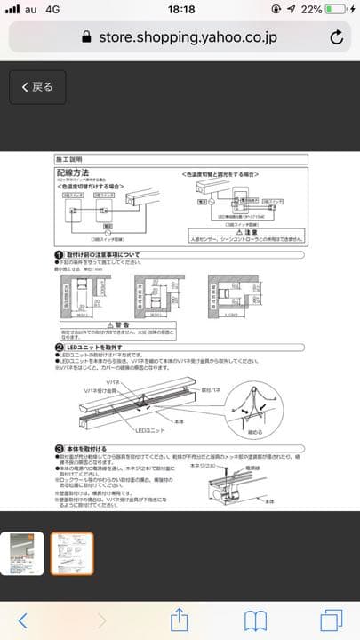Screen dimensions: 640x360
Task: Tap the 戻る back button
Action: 33,87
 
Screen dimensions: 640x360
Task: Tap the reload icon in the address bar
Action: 337,37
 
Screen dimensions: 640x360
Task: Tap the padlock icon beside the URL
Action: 86,37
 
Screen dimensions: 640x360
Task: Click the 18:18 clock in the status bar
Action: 180,9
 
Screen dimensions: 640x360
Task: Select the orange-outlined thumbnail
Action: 71,554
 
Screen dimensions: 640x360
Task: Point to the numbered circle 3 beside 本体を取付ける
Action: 59,449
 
